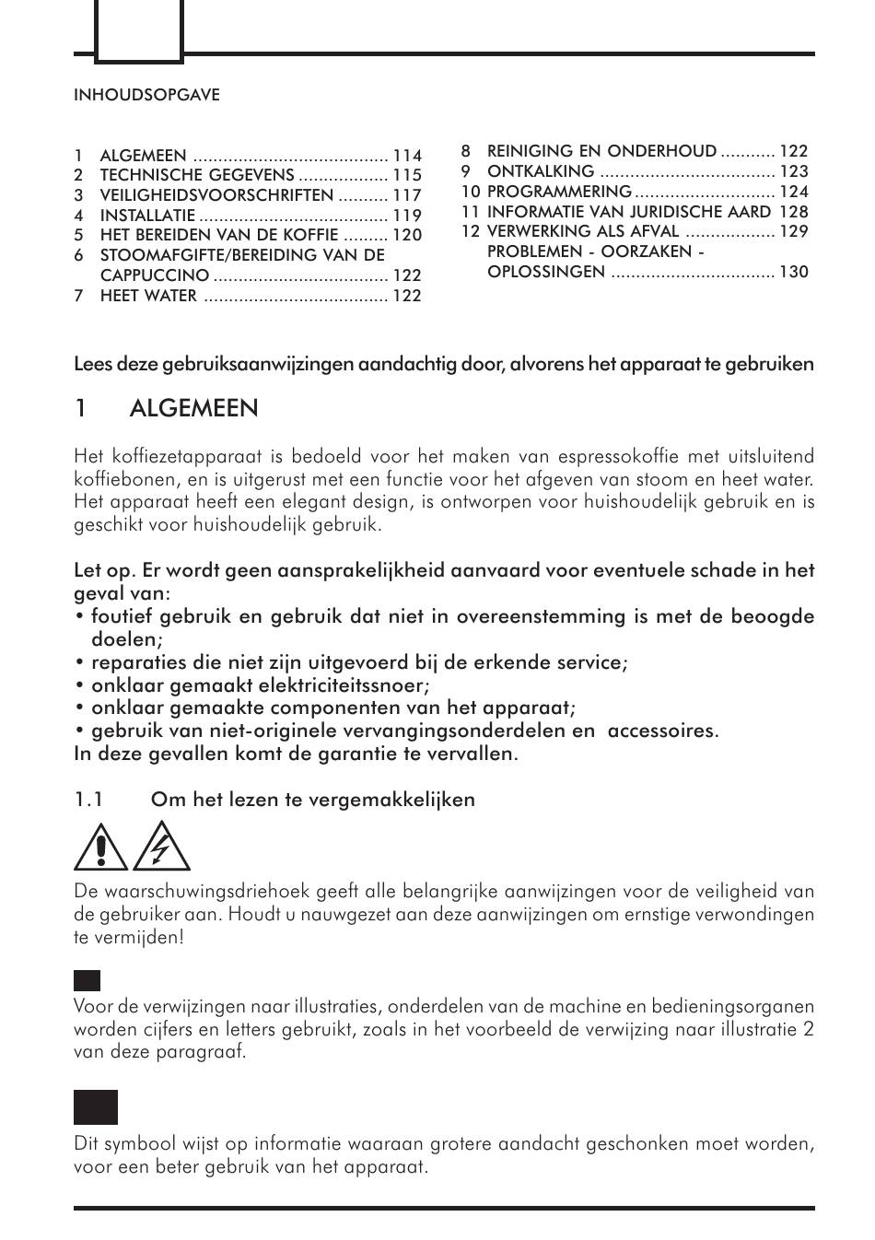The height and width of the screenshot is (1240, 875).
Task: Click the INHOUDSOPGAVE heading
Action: [x=146, y=95]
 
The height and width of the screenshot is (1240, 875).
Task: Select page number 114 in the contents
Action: [x=407, y=156]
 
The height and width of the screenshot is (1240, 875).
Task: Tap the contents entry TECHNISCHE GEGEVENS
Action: [x=197, y=175]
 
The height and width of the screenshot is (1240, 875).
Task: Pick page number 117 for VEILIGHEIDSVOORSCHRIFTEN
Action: [x=407, y=195]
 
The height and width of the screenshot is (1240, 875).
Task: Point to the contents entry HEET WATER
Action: [x=148, y=296]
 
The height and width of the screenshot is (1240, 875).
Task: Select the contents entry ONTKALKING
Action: [x=541, y=171]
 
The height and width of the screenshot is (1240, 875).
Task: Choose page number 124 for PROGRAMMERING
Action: [x=794, y=192]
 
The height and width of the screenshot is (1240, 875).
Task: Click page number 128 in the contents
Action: [x=794, y=212]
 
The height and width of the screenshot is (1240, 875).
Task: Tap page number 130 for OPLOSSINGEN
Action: [x=794, y=272]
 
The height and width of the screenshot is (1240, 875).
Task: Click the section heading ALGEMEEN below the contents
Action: [x=194, y=408]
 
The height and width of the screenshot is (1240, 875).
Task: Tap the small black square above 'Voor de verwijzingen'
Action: [x=87, y=980]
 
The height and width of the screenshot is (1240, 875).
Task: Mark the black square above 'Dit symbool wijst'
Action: [x=96, y=1107]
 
